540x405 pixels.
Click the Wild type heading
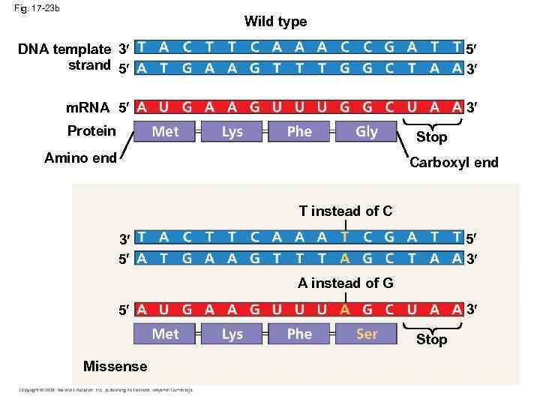coord(275,22)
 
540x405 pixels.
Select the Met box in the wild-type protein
coord(165,132)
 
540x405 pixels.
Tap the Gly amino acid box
coord(366,132)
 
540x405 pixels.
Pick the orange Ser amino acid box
coord(366,334)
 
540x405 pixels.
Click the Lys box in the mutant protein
coord(232,334)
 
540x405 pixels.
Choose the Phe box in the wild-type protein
coord(299,132)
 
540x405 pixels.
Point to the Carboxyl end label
coord(454,163)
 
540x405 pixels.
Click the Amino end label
coord(80,157)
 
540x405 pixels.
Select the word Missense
coord(115,366)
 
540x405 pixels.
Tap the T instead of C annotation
coord(345,211)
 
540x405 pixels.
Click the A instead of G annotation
coord(345,283)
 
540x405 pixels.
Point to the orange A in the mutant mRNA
coord(344,310)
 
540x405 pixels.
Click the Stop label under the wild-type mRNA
coord(431,137)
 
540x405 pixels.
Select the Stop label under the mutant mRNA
coord(431,340)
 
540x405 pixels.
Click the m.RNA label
coord(88,107)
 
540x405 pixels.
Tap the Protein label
coord(91,131)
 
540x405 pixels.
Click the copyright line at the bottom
coord(106,389)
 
